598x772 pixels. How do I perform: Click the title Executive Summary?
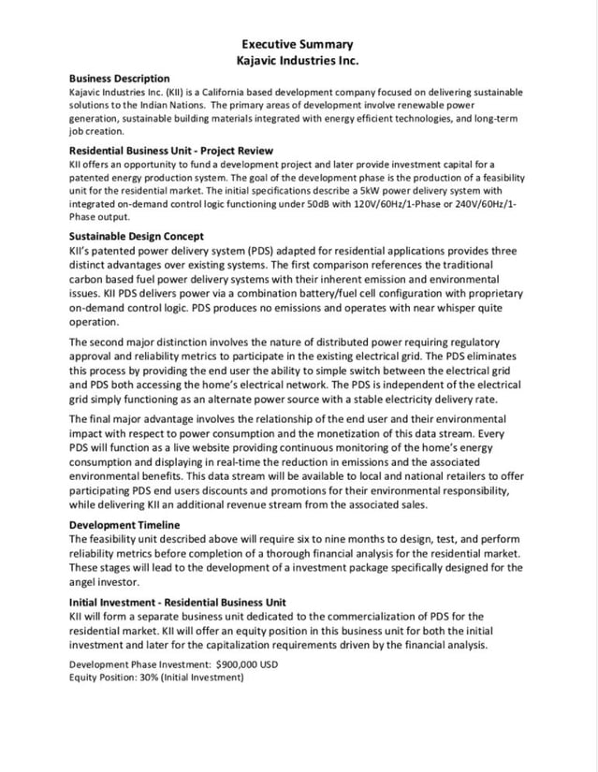tap(298, 44)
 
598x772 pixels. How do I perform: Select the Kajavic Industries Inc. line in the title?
tap(298, 61)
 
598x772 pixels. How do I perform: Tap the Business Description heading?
tap(120, 78)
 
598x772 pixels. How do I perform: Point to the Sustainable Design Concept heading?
tap(137, 237)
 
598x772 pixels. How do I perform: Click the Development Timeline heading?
tap(125, 525)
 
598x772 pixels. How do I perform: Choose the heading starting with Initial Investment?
tap(178, 602)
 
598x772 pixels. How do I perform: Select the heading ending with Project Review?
tap(171, 150)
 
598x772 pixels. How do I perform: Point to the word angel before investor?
tap(85, 581)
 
